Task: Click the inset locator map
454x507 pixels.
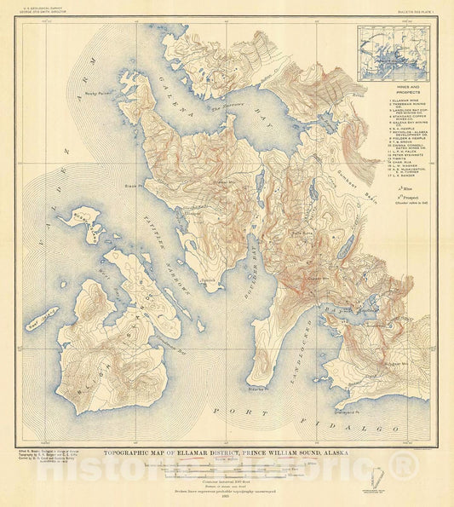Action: [x=393, y=54]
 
